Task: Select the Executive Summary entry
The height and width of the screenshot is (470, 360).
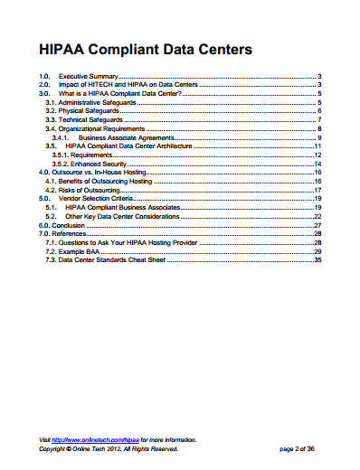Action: tap(89, 78)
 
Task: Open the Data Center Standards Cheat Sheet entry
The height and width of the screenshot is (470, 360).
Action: tap(103, 259)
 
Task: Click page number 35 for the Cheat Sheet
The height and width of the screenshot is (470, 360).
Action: tap(317, 259)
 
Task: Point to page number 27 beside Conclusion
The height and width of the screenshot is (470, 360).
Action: tap(317, 225)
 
